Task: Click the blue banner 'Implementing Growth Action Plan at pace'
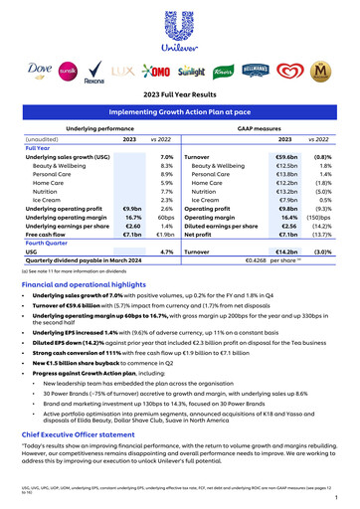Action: (x=179, y=115)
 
